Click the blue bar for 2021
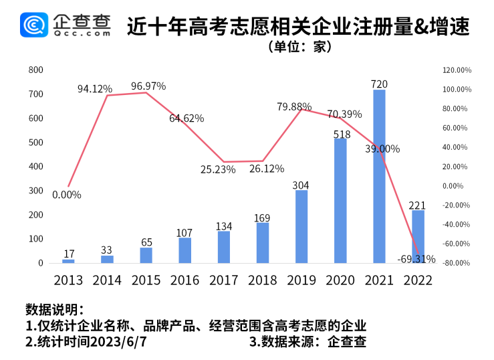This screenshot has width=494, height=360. tap(379, 176)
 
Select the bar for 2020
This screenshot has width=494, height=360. tap(340, 201)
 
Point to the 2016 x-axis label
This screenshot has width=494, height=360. tap(184, 280)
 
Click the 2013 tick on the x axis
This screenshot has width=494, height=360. tap(68, 280)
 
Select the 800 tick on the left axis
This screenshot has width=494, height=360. tap(35, 70)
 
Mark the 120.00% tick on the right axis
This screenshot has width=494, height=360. tap(458, 70)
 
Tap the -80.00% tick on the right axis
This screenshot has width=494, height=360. tap(458, 263)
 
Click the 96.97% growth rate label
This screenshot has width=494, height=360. tap(148, 86)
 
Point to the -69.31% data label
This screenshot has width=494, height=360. tap(416, 258)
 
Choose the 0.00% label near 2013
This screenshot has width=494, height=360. tap(66, 195)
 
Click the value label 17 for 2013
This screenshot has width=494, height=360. tap(68, 254)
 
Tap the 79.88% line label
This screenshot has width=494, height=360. tap(295, 106)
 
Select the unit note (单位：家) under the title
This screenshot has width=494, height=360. tap(299, 47)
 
